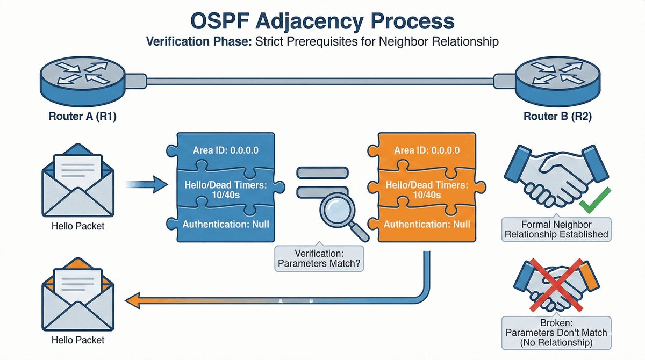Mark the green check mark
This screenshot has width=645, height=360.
coord(593,204)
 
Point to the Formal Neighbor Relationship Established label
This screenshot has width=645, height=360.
coord(556,229)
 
